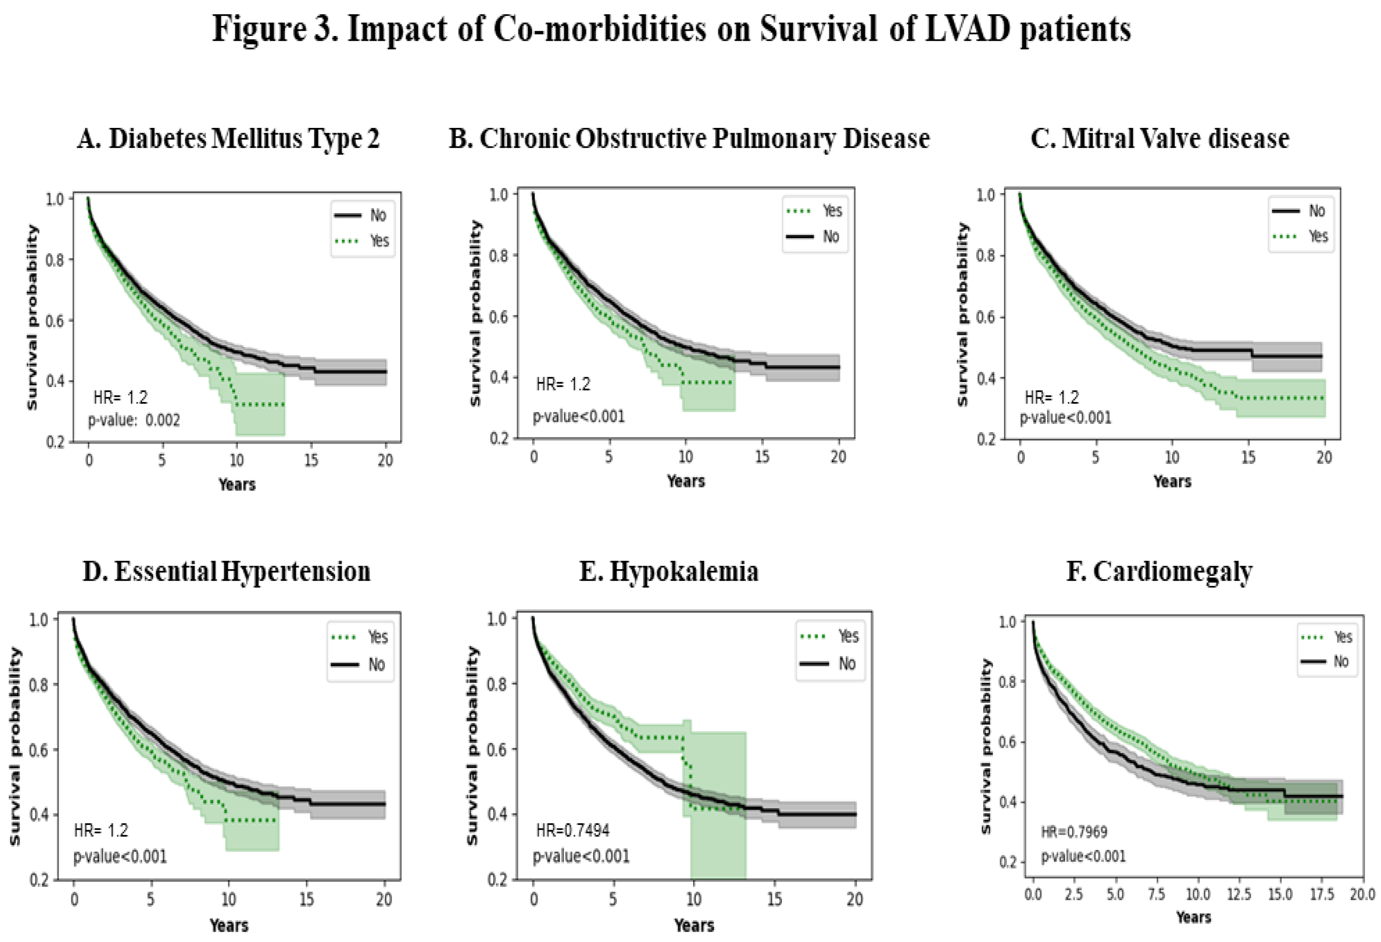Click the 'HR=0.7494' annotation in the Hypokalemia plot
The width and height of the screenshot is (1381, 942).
572,830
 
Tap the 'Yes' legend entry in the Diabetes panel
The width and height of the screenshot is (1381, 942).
379,241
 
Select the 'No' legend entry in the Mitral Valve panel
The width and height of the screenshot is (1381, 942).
1317,211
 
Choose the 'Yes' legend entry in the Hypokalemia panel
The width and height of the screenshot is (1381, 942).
848,637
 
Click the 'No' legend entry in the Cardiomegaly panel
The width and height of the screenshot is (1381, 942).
1341,661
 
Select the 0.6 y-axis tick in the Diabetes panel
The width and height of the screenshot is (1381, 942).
55,321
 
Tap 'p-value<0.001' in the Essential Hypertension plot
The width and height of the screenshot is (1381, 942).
120,856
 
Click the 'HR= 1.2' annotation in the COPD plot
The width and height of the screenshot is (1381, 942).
563,384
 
